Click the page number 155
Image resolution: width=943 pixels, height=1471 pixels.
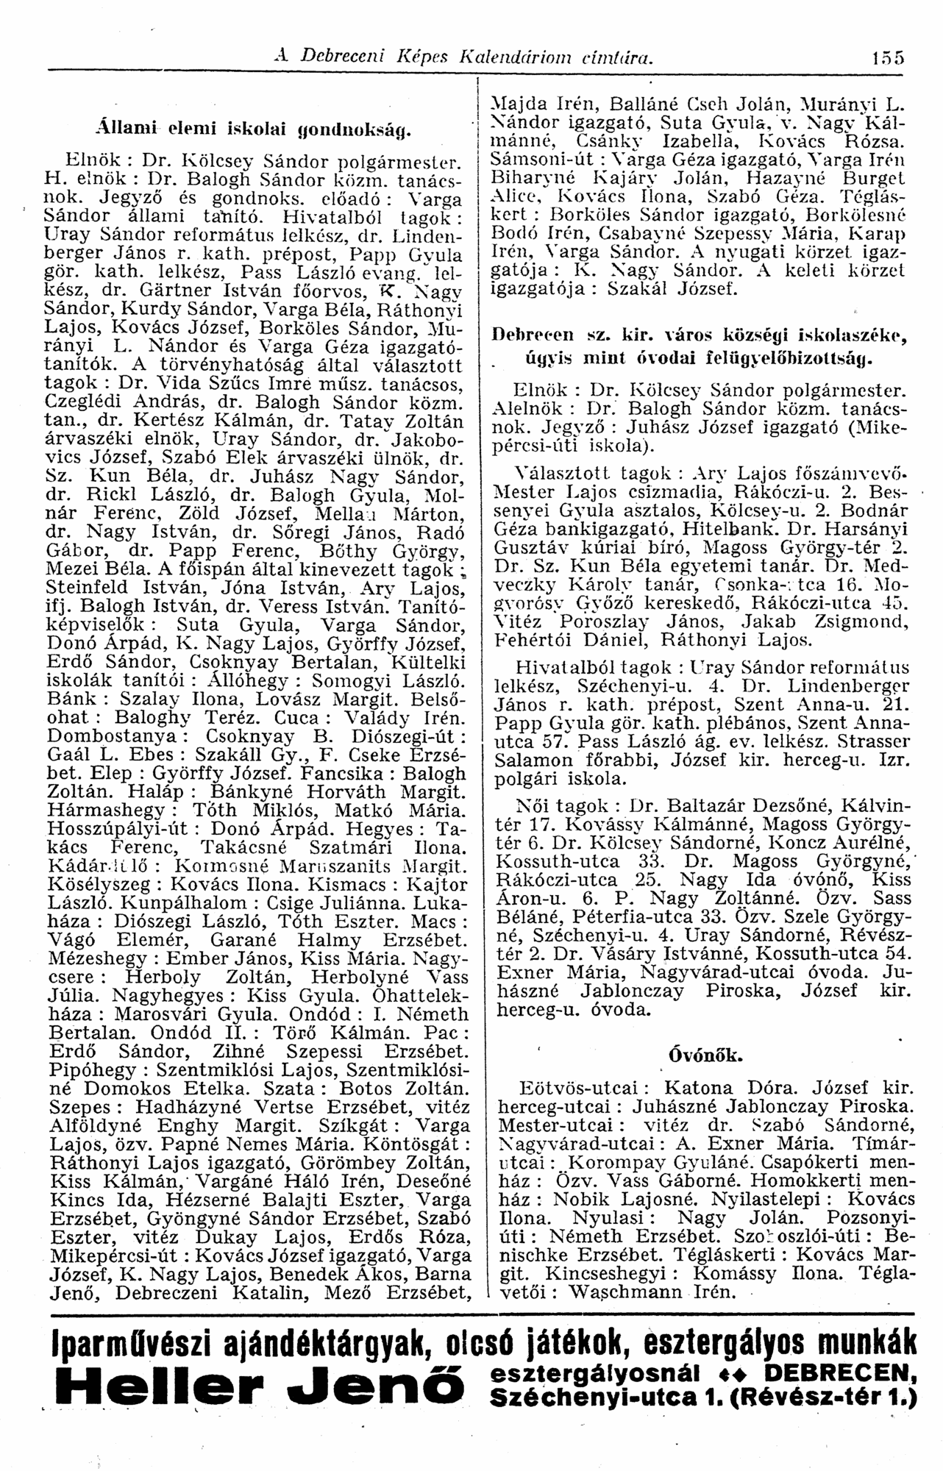(888, 57)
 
